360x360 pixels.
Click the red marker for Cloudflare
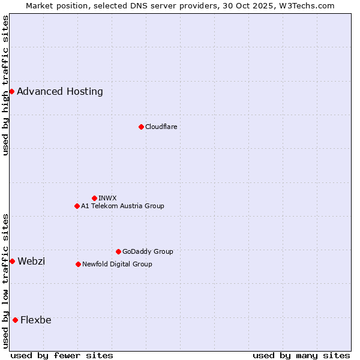click(x=141, y=127)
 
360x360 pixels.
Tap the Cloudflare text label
click(x=161, y=127)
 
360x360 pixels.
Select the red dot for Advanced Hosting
click(x=11, y=91)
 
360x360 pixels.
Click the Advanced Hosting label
click(x=60, y=91)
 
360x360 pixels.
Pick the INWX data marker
click(x=94, y=198)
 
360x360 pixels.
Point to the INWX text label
click(x=107, y=198)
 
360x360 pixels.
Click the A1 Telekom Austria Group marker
click(x=77, y=206)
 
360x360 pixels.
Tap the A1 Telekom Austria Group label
click(x=122, y=206)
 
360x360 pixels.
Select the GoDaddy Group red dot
click(x=118, y=251)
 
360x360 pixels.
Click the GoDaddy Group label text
click(x=148, y=251)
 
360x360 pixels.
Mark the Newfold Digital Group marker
click(x=78, y=264)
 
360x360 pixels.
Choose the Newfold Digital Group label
click(x=117, y=264)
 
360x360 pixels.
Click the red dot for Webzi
click(x=12, y=261)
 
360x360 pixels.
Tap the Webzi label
click(x=31, y=261)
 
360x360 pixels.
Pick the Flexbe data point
click(x=15, y=320)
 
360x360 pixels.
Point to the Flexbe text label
click(x=35, y=320)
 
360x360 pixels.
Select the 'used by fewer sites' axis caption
click(x=62, y=355)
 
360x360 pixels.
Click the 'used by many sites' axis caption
click(x=301, y=355)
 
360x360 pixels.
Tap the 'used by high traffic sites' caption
click(x=5, y=86)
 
